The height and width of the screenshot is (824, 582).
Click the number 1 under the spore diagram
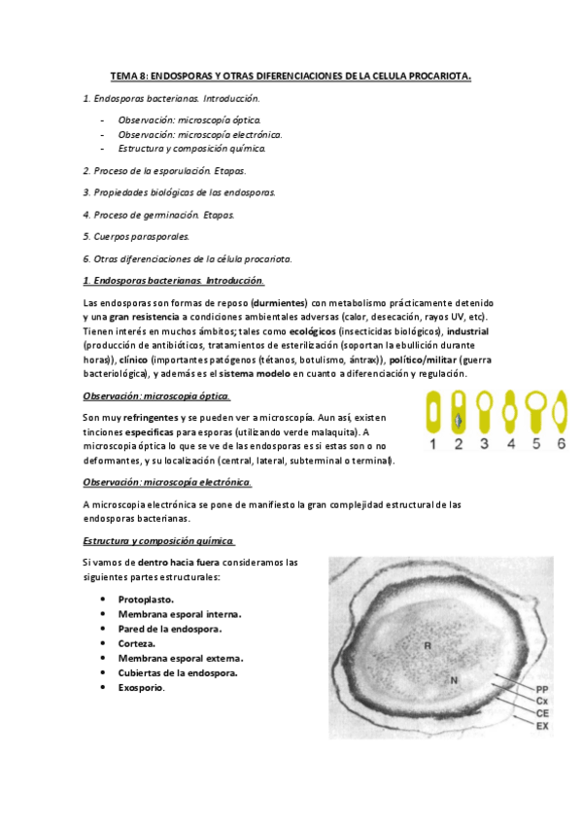click(x=434, y=444)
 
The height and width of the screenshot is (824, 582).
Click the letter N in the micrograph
click(x=453, y=680)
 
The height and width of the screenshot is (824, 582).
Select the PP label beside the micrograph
click(x=543, y=688)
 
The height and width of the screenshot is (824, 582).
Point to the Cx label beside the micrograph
click(x=543, y=701)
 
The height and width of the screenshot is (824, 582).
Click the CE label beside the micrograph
click(x=543, y=712)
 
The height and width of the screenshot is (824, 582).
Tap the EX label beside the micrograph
click(x=543, y=725)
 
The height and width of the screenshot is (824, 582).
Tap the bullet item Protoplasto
click(x=146, y=600)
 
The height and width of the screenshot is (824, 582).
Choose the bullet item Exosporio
click(x=141, y=688)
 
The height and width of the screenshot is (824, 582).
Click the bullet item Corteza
click(x=137, y=643)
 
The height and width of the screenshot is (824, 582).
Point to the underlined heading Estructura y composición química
click(x=157, y=540)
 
